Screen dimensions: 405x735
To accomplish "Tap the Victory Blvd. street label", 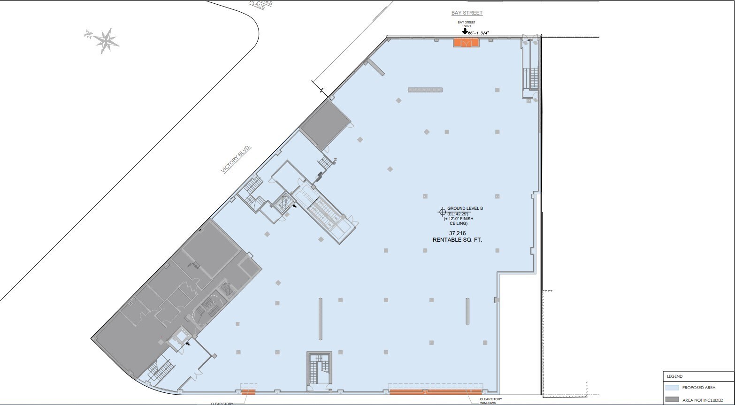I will tap(237, 160).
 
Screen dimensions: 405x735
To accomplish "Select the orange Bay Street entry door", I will tap(466, 43).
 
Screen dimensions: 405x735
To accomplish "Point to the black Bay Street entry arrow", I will tap(465, 32).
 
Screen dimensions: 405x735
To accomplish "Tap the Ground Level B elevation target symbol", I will tap(442, 211).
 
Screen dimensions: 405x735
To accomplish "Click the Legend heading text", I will tap(675, 376).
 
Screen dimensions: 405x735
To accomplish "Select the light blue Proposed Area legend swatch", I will tap(672, 388).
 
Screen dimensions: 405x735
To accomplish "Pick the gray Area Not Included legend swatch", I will tap(672, 399).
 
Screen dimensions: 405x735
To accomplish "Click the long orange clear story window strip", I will tap(436, 392).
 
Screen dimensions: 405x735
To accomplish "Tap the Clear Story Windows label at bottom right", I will tap(490, 401).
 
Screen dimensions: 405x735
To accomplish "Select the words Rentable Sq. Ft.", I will tap(457, 240).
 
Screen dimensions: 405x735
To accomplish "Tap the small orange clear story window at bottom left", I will tap(248, 392).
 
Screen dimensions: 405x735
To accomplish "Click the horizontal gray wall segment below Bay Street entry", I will tap(425, 90).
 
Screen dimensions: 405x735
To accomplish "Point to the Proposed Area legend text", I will tap(699, 388).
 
